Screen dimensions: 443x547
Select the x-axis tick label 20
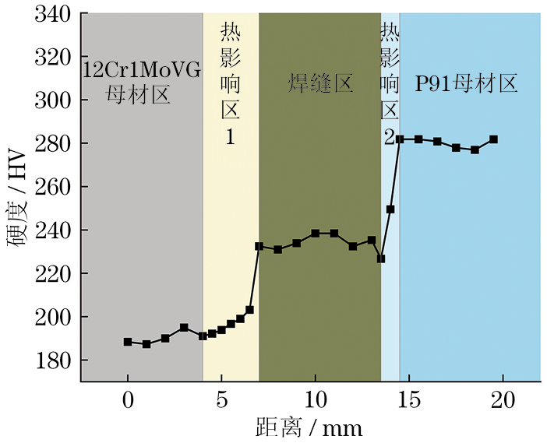[x=503, y=404]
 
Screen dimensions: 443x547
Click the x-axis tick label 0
[x=128, y=404]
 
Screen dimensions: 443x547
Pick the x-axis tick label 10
[x=315, y=404]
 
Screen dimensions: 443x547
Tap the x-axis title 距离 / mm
[x=309, y=427]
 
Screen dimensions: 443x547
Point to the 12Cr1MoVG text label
[x=141, y=71]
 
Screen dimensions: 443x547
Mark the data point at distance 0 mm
[x=128, y=342]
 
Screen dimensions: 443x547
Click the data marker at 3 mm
[x=184, y=328]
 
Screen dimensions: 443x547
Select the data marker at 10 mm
[x=315, y=233]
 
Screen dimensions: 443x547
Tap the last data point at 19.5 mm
[x=493, y=139]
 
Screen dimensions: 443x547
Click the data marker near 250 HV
[x=390, y=209]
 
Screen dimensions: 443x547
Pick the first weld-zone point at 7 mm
[x=259, y=246]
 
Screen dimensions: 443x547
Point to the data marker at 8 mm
[x=277, y=249]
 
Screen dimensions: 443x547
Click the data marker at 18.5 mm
[x=475, y=149]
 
